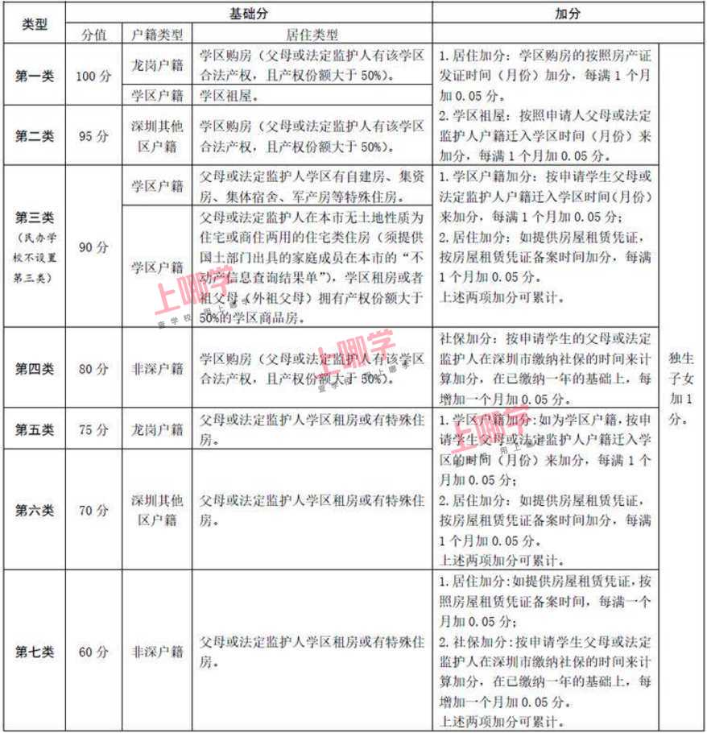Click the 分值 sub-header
coord(93,35)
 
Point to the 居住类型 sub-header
coord(312,35)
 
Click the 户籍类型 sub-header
coord(157,35)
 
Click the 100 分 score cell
coord(93,76)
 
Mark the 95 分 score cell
coord(93,136)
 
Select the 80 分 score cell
coord(93,369)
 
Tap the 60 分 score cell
coord(93,652)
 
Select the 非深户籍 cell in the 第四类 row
coord(157,369)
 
